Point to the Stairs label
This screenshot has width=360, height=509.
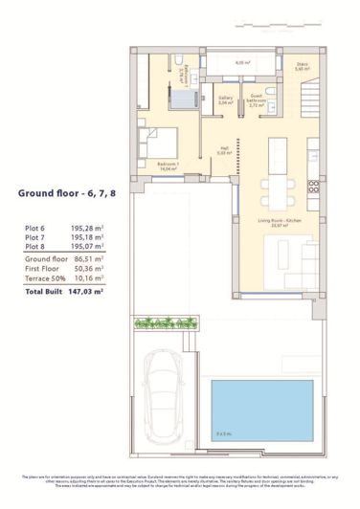(x=302, y=67)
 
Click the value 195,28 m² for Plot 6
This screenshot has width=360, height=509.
(x=86, y=229)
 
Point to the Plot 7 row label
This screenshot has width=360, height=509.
(x=34, y=238)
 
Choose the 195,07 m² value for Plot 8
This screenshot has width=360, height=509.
(x=86, y=247)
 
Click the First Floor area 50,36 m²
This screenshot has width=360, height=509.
(x=87, y=269)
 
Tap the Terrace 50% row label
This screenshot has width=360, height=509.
(x=44, y=278)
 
